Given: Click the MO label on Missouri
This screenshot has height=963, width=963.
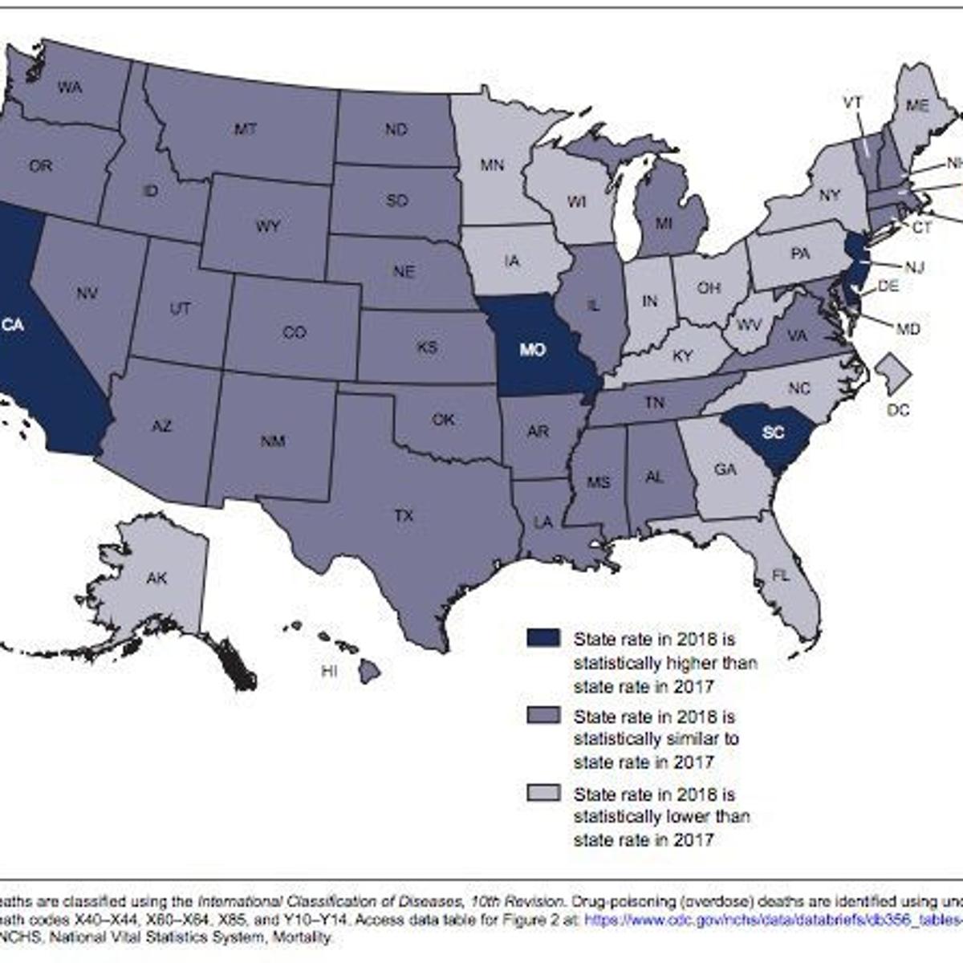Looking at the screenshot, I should (x=532, y=350).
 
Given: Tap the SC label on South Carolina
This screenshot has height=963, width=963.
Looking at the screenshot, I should (x=774, y=433).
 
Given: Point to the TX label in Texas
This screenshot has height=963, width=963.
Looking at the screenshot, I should (x=404, y=516).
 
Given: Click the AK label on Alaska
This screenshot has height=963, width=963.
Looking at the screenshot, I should (x=156, y=577).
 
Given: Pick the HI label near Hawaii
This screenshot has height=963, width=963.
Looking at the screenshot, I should (x=329, y=672).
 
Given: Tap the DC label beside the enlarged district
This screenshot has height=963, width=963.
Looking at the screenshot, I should (x=898, y=411).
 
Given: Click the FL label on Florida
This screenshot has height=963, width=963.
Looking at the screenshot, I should (x=780, y=575).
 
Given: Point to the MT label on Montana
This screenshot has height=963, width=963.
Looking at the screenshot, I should (x=246, y=128).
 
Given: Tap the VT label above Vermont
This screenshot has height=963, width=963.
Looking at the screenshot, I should (x=852, y=103).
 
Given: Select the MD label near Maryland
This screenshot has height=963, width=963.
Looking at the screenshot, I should (x=908, y=329).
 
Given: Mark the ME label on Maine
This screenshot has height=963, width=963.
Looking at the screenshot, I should (x=917, y=105).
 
